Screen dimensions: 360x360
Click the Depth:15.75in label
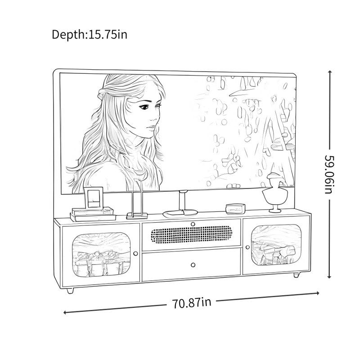point(89,35)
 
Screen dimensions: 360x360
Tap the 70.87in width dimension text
point(192,302)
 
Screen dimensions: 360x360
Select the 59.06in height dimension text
point(330,175)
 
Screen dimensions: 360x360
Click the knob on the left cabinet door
point(135,253)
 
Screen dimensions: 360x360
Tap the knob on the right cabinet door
point(247,247)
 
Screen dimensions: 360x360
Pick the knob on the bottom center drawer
point(193,265)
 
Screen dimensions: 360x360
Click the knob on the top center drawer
point(193,224)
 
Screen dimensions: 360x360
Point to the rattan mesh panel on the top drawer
point(191,235)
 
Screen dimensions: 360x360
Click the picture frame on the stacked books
point(93,198)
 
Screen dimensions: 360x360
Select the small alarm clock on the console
point(235,209)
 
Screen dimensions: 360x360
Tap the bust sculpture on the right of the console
point(275,193)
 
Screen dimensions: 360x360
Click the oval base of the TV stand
point(180,213)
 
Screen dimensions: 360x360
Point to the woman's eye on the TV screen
point(144,107)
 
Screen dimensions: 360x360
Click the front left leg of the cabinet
point(70,290)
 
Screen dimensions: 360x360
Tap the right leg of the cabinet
point(297,275)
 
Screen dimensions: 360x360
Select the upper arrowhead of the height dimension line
point(330,72)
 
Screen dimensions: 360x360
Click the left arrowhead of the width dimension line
point(65,312)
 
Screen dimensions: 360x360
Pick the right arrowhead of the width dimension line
point(318,293)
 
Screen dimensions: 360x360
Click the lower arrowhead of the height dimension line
point(330,277)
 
